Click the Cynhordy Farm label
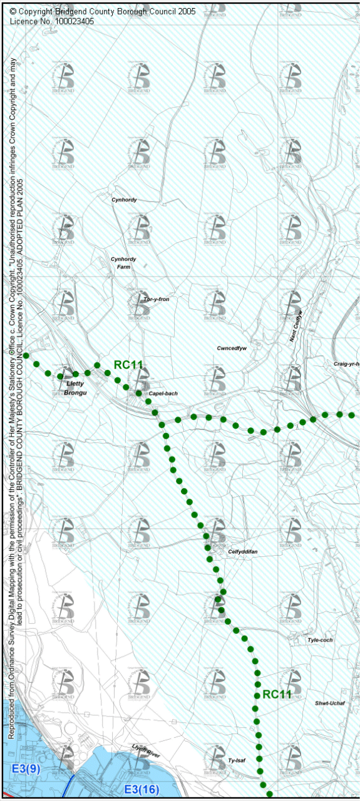coord(123,263)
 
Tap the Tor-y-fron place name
coord(156,300)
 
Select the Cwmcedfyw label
coord(232,349)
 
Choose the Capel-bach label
coord(163,394)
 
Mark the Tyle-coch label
coord(320,640)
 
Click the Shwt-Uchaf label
coord(329,703)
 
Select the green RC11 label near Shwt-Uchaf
coord(276,694)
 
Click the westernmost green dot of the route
coord(26,355)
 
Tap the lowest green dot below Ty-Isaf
coord(269,793)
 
